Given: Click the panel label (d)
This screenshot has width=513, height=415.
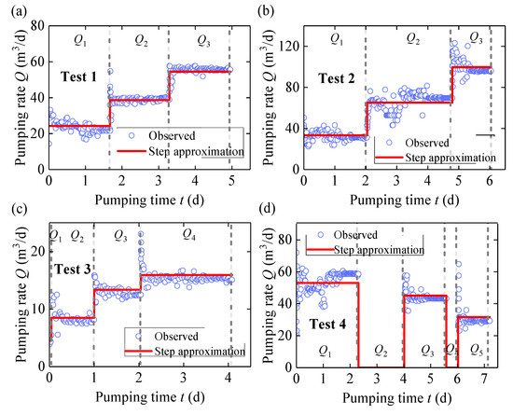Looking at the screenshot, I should coord(270,216).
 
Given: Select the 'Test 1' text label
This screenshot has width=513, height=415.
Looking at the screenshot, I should coord(83,76).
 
